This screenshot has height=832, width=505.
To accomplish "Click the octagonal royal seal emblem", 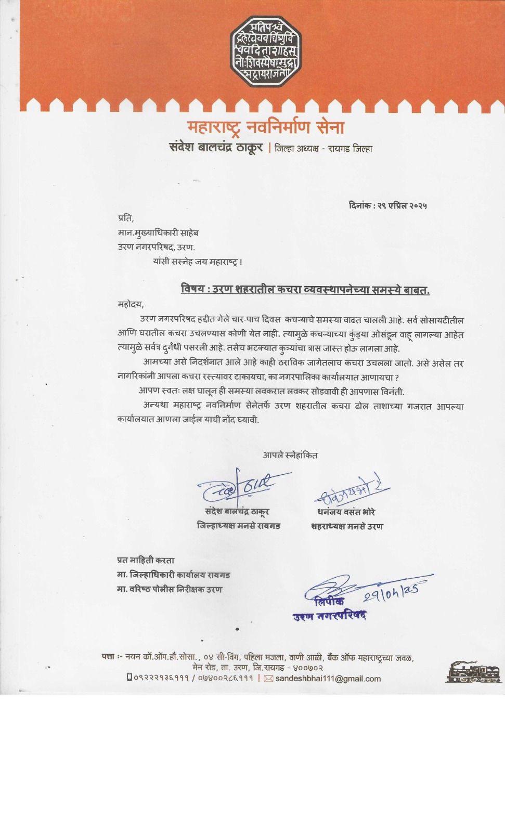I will pos(266,50).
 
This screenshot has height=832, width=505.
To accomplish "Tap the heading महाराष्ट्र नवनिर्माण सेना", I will pos(266,127).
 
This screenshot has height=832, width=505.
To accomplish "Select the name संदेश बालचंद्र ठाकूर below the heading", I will pos(216,148).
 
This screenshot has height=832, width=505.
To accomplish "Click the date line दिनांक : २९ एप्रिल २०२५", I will pos(387,206).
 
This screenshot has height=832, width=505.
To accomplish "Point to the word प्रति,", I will pos(126,218).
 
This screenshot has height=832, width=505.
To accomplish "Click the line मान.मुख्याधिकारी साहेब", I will pos(158,232).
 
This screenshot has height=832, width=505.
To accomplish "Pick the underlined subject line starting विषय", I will pos(305,290).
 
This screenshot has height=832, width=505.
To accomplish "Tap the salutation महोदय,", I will pos(131,304).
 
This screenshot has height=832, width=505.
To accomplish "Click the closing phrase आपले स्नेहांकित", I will pos(290,456).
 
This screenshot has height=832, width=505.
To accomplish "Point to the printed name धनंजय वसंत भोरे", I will pos(346,512).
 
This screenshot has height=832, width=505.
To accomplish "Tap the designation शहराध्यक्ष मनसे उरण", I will pos(347,527).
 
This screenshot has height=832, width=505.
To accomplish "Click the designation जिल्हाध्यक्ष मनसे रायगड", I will pos(238,526).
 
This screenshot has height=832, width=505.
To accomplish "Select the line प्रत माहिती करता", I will pos(146,561).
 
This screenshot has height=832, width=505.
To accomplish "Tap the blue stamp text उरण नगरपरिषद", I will pos(329,616).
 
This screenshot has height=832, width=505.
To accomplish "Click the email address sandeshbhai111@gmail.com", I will pos(328,679).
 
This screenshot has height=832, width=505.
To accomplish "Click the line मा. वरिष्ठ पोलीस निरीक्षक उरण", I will pos(169,590).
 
